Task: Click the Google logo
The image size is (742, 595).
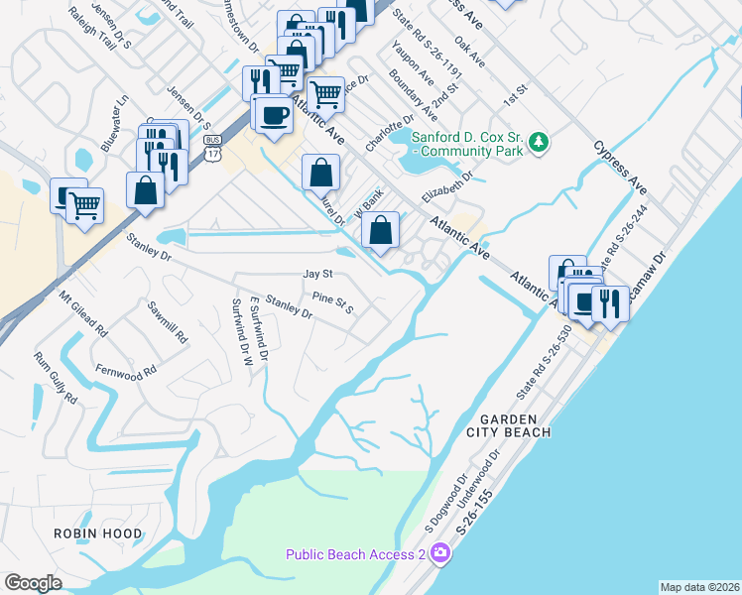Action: [x=33, y=582]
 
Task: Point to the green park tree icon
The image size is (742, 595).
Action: [x=539, y=143]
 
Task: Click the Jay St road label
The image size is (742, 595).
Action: [x=316, y=274]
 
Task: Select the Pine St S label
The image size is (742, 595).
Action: [x=332, y=301]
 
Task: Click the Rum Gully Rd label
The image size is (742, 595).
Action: [x=56, y=378]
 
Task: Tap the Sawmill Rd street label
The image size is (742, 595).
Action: [x=168, y=322]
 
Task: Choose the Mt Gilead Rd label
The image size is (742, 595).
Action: [x=82, y=311]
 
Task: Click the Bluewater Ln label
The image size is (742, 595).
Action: [x=121, y=115]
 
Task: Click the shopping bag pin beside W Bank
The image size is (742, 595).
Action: [x=381, y=232]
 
